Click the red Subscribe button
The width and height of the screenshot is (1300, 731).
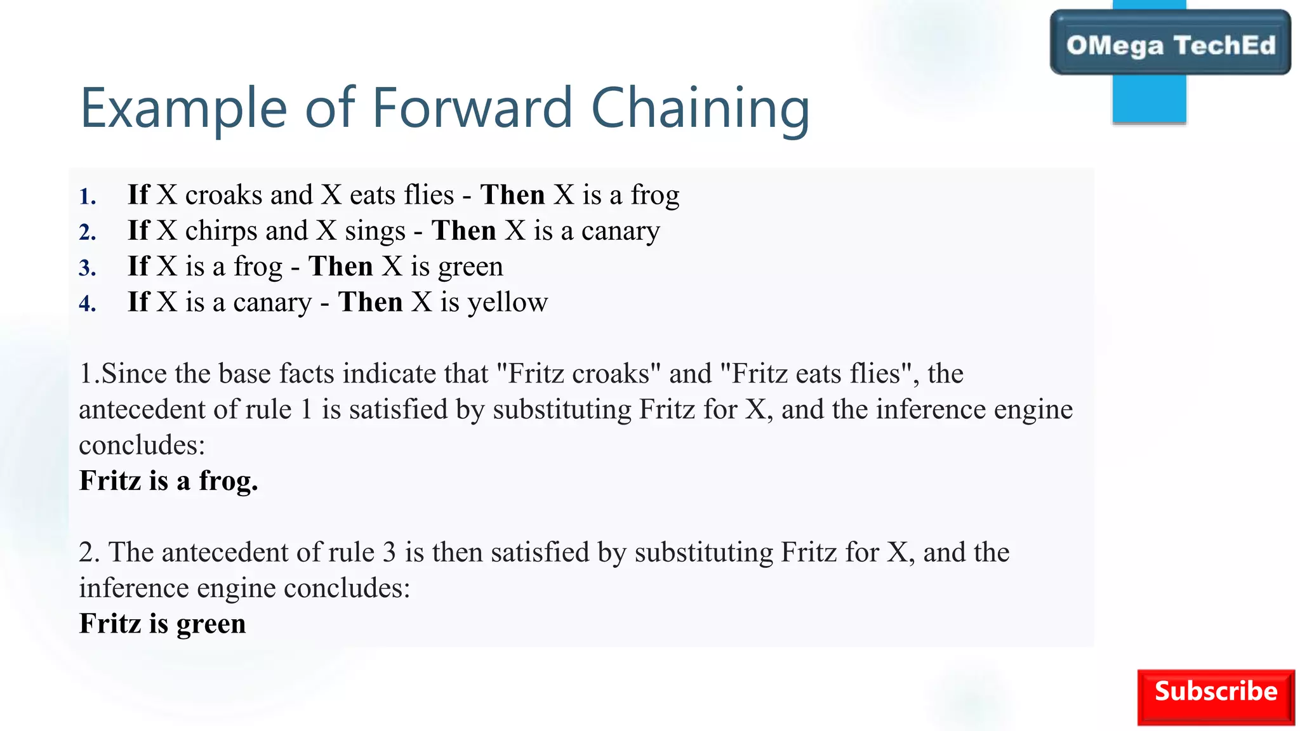pos(1215,696)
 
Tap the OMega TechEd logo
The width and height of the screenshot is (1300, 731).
pos(1170,44)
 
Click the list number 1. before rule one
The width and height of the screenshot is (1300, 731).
pos(88,197)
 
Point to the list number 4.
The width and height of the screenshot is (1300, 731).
pos(88,304)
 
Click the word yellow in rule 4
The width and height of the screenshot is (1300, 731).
pos(507,303)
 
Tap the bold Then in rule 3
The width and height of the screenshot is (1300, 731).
pos(340,267)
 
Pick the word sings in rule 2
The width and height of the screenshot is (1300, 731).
pos(375,232)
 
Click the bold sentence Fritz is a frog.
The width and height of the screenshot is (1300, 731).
pos(168,481)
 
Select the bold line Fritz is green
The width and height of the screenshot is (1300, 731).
pos(162,624)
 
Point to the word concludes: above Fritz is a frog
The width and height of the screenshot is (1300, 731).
pos(142,445)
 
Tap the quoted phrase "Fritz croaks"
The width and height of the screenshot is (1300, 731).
pos(578,374)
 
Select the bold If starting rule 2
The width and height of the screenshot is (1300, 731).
pos(138,230)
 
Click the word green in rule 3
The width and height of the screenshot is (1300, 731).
pos(470,267)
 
